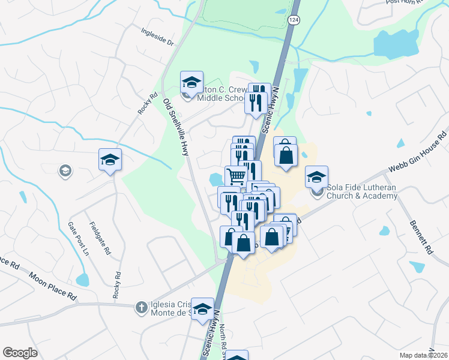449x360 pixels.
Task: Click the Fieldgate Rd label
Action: point(100,239)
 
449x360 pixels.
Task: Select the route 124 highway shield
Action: point(292,20)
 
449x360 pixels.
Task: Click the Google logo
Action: point(20,353)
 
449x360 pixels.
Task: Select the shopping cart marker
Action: point(236,175)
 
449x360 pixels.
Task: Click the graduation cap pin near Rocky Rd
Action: point(110,160)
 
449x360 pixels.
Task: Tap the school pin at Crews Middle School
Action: point(191,82)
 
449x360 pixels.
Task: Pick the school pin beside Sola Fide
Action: point(316,177)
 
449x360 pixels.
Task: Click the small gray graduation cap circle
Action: point(65,172)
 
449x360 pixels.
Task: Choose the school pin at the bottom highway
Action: point(203,309)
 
